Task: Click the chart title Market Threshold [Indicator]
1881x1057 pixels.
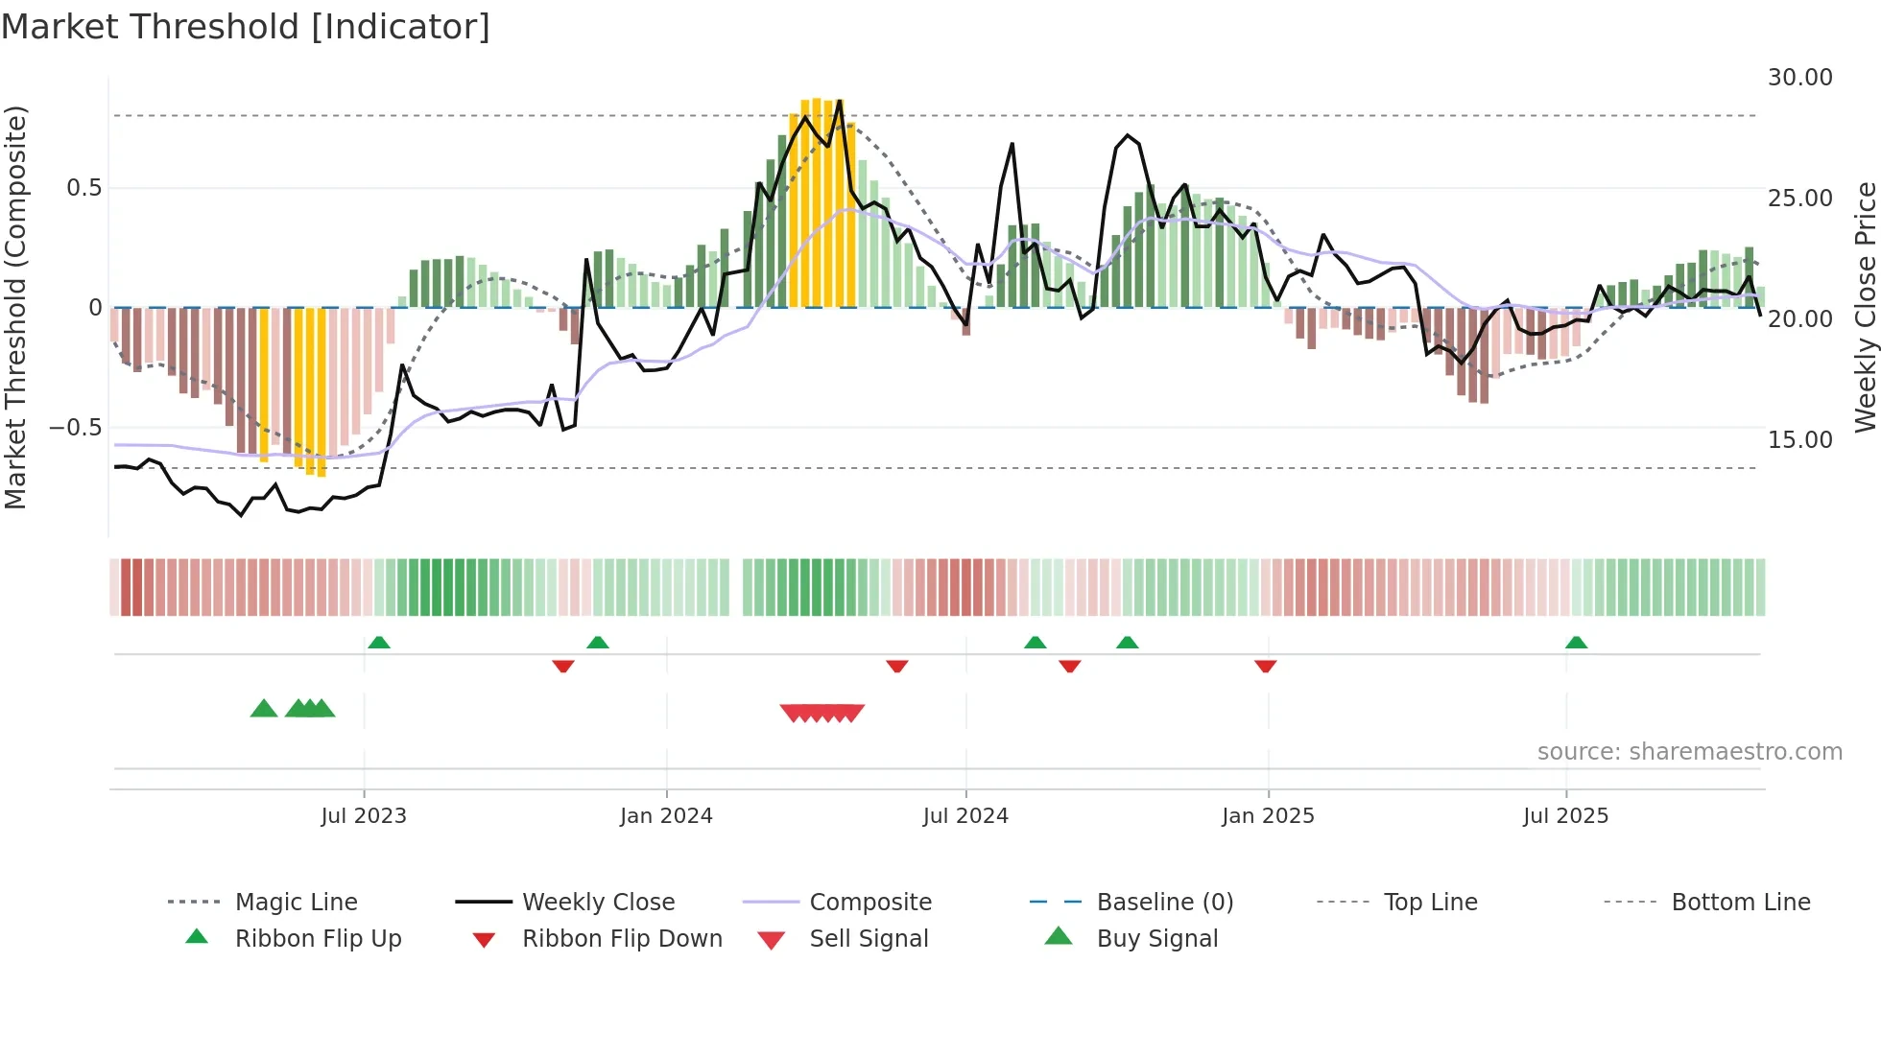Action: click(246, 27)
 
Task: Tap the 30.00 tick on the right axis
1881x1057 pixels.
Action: click(1799, 78)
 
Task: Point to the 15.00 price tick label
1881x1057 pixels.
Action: click(1799, 440)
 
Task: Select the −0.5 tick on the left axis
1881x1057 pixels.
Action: click(75, 428)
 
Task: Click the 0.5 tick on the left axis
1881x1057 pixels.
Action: click(83, 188)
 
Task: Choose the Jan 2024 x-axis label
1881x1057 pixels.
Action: click(666, 816)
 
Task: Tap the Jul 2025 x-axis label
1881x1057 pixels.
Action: click(1565, 816)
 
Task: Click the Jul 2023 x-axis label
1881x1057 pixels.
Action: click(364, 816)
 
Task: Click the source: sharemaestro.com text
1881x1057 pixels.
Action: click(1689, 752)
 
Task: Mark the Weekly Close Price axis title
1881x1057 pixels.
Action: click(1865, 307)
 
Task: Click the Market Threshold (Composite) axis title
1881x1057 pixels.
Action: click(15, 307)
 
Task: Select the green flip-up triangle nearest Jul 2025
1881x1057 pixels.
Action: click(1576, 643)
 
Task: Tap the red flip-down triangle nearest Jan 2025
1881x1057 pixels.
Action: click(1265, 666)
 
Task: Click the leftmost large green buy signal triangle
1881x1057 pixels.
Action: click(264, 709)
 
